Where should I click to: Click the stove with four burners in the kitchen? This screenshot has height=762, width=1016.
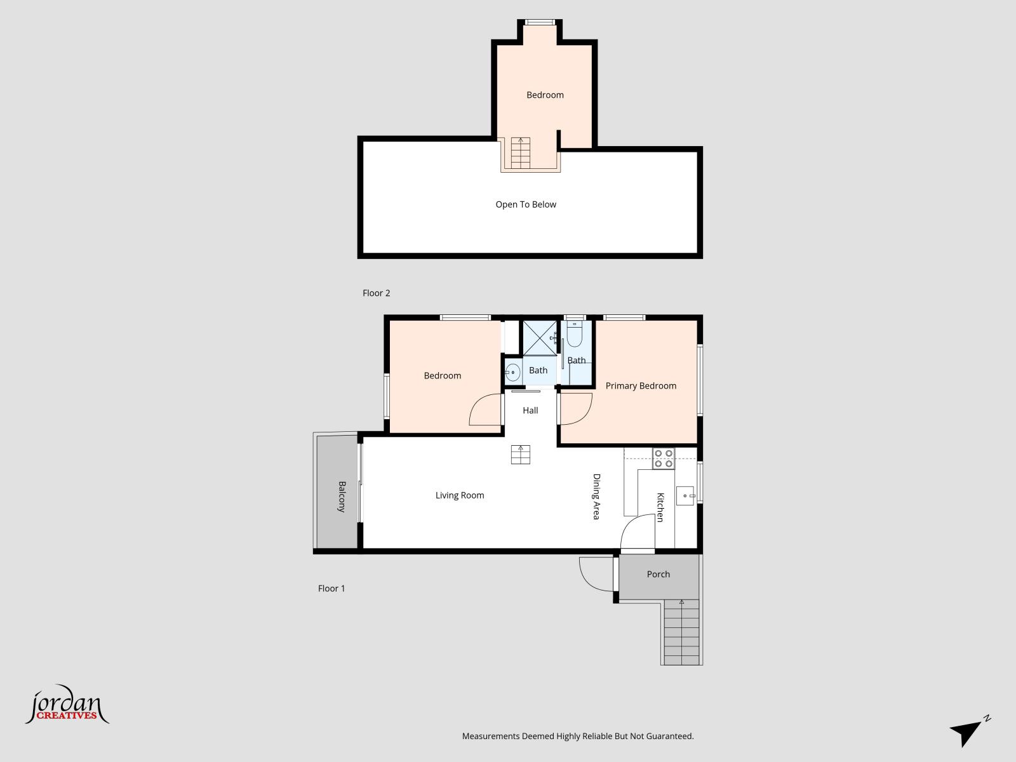tap(664, 458)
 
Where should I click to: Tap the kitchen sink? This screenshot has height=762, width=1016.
tap(685, 495)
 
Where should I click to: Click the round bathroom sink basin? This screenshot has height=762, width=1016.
tap(512, 372)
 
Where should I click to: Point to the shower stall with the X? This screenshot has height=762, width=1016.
tap(540, 338)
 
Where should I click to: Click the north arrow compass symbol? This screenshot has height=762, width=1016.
tap(970, 730)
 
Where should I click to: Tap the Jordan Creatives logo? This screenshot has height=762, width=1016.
tap(67, 705)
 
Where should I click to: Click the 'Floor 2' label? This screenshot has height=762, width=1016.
tap(377, 293)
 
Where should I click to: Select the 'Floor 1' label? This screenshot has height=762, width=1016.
tap(331, 589)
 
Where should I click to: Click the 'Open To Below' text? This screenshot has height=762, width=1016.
tap(526, 204)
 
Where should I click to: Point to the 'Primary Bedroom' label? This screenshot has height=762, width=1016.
tap(641, 386)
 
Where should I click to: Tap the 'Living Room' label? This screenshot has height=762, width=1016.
tap(460, 495)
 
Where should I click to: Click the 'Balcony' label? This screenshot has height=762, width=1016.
tap(342, 497)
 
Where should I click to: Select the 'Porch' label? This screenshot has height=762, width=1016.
tap(658, 574)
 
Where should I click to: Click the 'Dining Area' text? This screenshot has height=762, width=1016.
tap(597, 497)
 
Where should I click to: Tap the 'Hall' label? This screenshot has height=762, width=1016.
tap(530, 410)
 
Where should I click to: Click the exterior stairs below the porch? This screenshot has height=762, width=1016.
tap(681, 632)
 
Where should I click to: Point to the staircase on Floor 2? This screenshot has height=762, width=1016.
tap(520, 153)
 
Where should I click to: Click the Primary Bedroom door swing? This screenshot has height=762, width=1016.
tap(577, 408)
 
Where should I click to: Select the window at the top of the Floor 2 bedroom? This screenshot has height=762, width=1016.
tap(540, 22)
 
